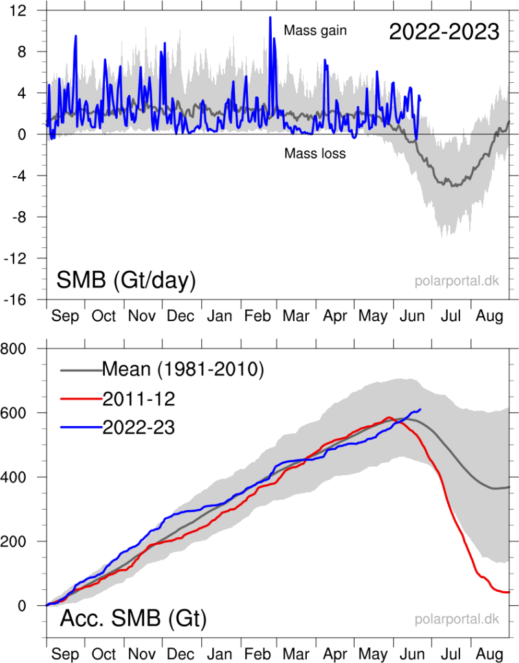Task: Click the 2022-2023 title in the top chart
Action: [x=444, y=31]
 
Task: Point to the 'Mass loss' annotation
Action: [x=315, y=153]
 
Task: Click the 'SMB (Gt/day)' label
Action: [x=126, y=280]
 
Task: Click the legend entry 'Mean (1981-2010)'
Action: [x=182, y=370]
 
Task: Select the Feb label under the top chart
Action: [x=258, y=316]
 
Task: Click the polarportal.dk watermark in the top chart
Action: [x=457, y=281]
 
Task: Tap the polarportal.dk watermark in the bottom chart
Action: [x=457, y=619]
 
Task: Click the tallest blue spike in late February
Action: [x=270, y=17]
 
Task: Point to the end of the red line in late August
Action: [x=509, y=592]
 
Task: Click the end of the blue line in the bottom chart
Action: [x=421, y=409]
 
